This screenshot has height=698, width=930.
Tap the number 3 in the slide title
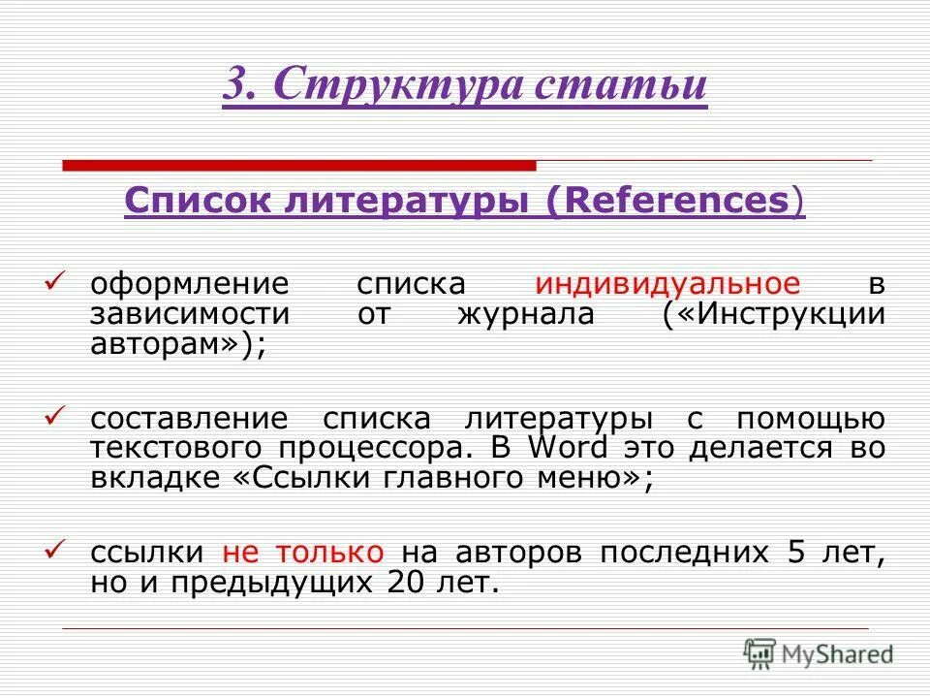236,85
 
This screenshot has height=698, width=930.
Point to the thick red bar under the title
299,165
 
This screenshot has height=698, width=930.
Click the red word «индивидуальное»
667,284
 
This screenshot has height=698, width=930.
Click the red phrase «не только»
303,553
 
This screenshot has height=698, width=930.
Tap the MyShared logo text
840,654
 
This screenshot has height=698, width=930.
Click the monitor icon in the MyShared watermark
761,653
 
